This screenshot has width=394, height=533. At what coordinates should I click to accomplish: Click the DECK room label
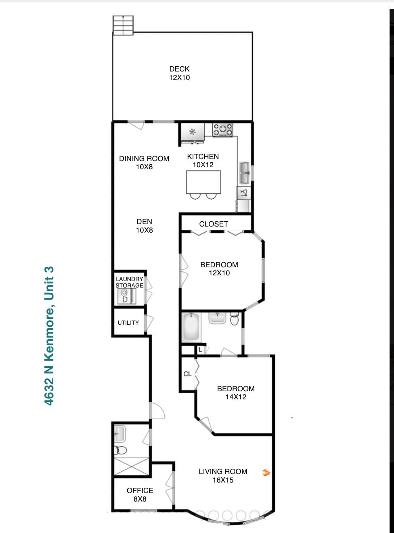[179, 69]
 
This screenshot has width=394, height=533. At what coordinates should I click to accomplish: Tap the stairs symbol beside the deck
[123, 25]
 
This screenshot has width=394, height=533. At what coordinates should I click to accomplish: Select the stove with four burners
[223, 130]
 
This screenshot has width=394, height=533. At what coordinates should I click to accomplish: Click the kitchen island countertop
[203, 182]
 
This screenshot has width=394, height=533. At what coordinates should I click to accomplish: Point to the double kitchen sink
[244, 173]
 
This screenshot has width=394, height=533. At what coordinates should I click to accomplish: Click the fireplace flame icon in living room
[266, 472]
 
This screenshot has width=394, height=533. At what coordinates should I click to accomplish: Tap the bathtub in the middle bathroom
[191, 327]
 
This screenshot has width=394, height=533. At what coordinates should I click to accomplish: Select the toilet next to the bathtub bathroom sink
[235, 319]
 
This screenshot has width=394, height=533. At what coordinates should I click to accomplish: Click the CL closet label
[187, 374]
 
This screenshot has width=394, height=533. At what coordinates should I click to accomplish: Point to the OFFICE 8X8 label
[140, 495]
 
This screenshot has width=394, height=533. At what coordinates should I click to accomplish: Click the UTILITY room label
[128, 323]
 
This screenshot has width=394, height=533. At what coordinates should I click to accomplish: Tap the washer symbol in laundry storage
[124, 296]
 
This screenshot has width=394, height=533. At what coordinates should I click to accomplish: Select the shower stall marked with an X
[132, 466]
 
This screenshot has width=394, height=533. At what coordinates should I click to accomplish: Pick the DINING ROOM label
[144, 159]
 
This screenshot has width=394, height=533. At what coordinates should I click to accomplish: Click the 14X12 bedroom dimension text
[236, 397]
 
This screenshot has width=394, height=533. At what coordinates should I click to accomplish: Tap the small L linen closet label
[200, 350]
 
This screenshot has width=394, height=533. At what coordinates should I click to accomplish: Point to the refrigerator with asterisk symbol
[193, 132]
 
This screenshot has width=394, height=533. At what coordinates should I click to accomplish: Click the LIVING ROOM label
[223, 472]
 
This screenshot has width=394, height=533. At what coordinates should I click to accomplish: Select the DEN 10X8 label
[144, 226]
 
